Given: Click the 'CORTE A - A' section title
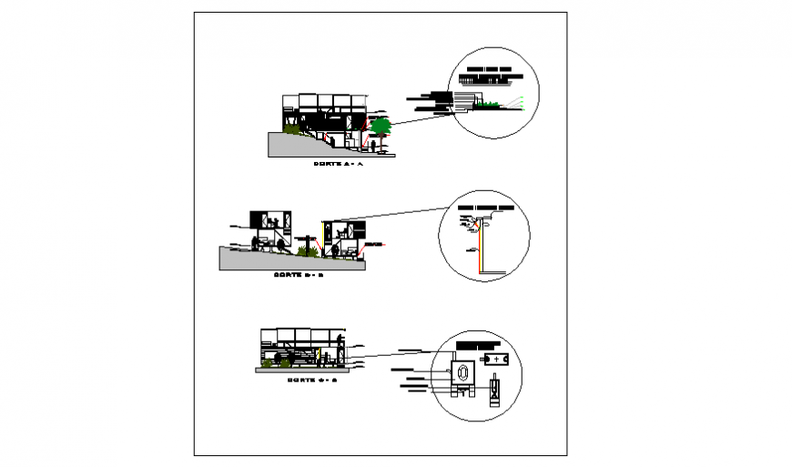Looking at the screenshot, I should (338, 164).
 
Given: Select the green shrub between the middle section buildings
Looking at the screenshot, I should (302, 249).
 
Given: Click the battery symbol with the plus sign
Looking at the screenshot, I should (497, 359).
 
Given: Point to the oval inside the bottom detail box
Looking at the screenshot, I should (462, 372).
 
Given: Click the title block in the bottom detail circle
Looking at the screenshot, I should (479, 346).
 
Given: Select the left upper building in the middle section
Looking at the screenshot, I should (269, 219).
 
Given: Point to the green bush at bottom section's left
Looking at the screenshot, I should (267, 362).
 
